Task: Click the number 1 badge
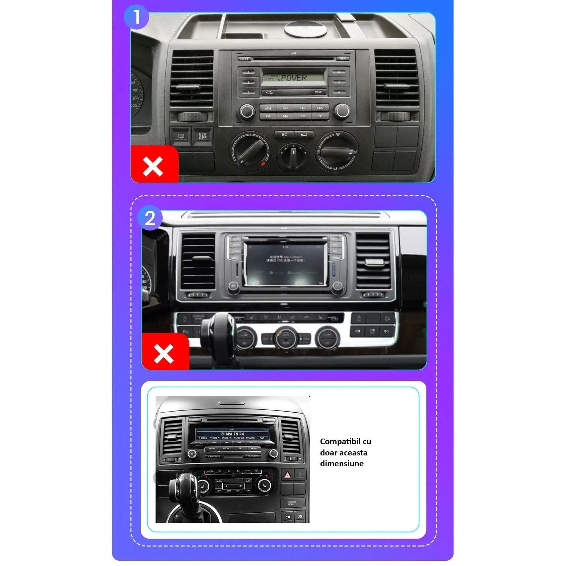[x=136, y=17]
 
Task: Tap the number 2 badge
[x=150, y=218]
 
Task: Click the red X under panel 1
[x=153, y=166]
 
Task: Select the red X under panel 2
[x=163, y=353]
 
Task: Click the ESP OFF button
[x=202, y=136]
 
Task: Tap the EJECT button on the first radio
[x=244, y=59]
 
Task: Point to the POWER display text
[x=294, y=78]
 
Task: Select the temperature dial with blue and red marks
[x=249, y=150]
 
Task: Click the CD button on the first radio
[x=302, y=116]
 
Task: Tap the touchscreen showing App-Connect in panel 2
[x=285, y=264]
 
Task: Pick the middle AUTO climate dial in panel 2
[x=286, y=337]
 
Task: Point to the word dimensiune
[x=341, y=464]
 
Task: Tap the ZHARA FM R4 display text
[x=232, y=434]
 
